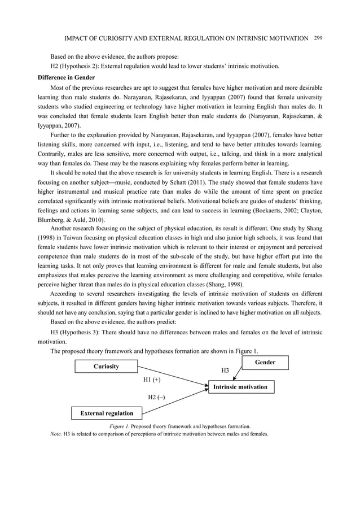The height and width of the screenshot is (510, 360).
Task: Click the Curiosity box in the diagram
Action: [x=106, y=367]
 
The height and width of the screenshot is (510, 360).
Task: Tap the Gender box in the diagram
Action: [x=265, y=362]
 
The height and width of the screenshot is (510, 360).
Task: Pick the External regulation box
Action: [x=107, y=413]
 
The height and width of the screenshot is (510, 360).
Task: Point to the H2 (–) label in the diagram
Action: [x=156, y=397]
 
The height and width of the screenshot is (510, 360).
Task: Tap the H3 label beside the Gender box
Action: [x=225, y=370]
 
